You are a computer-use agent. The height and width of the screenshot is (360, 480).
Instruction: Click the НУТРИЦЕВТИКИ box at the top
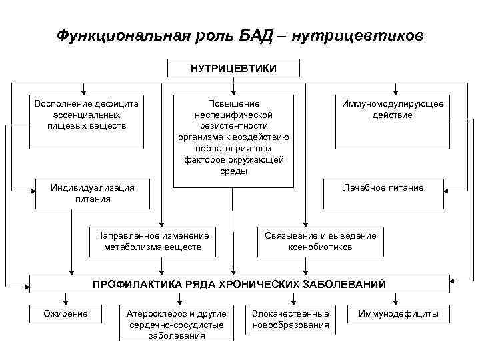point(233,68)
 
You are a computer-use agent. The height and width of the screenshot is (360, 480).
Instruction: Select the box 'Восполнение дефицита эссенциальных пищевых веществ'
point(86,120)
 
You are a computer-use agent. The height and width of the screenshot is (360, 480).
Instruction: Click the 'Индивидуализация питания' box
point(93,193)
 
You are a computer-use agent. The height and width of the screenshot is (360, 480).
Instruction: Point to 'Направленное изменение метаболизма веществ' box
point(153,241)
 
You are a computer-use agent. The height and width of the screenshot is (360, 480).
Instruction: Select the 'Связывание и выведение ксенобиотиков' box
point(320,241)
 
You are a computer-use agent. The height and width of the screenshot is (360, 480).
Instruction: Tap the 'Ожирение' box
point(65,314)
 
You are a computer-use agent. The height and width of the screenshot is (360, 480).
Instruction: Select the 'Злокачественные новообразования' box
point(291,319)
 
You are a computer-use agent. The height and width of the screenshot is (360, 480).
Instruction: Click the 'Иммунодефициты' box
point(398,314)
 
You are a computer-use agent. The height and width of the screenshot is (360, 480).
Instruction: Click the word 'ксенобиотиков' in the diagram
point(320,247)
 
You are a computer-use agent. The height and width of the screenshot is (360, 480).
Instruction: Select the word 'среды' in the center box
point(233,172)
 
